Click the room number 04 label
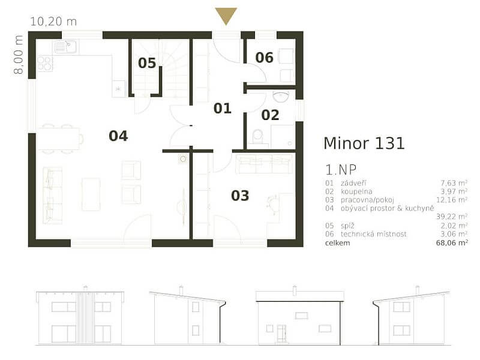pos(118,136)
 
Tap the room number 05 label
pos(146,63)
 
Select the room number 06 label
pos(264,58)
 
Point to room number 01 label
pos(222,109)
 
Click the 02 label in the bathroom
pos(270,115)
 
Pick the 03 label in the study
pos(240,196)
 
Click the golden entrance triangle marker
pos(226,16)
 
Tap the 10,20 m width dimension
pos(53,21)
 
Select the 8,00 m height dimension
pos(19,55)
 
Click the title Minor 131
pos(364,143)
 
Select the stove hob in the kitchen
pos(45,63)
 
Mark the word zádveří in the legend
pos(354,182)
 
